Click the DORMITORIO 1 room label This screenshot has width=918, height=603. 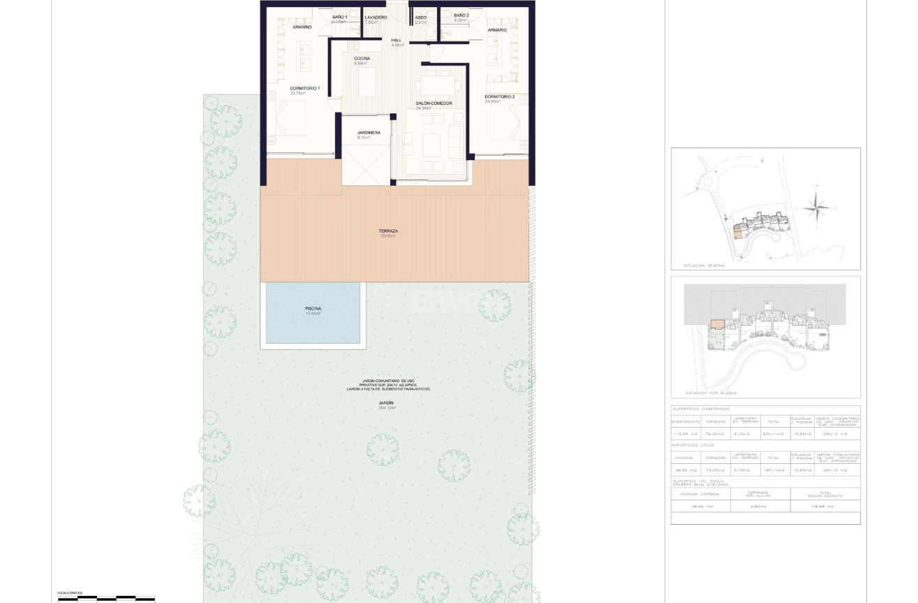pos(304,89)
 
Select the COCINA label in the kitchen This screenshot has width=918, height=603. pos(362,59)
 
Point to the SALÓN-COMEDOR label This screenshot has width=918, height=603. pos(434,103)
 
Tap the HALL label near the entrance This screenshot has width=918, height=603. pos(397,41)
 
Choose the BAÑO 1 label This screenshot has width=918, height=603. pos(339,17)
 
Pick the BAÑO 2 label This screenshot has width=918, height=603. pos(461,15)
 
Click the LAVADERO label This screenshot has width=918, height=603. pos(376,17)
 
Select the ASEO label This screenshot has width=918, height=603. pos(420,17)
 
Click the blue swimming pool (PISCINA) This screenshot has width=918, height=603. pos(313,312)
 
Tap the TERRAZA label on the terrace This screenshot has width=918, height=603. pos(388,231)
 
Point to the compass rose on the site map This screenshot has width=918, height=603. pos(816,207)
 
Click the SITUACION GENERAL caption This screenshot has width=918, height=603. pos(704,266)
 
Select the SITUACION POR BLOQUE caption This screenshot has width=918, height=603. pos(709,393)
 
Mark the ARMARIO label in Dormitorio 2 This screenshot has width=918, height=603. pos(497,30)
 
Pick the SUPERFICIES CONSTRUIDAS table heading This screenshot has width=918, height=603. pos(701,409)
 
